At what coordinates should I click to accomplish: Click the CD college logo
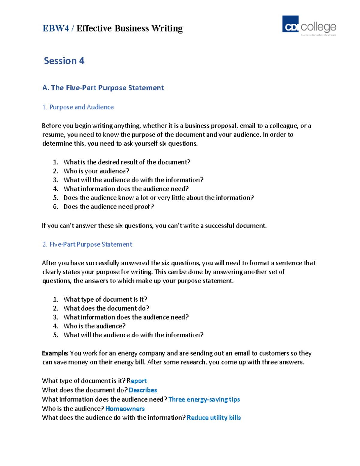[309, 25]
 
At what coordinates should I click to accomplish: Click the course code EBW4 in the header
[56, 28]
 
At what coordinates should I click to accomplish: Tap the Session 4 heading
[64, 61]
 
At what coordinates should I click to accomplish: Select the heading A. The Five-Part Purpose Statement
[103, 88]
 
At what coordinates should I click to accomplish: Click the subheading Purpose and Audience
[81, 107]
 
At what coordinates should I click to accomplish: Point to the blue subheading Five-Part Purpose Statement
[91, 245]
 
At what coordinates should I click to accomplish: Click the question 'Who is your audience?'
[96, 171]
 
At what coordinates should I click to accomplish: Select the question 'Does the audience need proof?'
[109, 207]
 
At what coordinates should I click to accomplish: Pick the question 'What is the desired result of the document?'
[127, 162]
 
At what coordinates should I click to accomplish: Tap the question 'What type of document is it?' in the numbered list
[105, 299]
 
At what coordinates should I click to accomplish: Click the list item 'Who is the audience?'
[94, 326]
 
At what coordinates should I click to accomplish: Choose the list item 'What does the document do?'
[106, 308]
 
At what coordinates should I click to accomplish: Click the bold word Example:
[55, 353]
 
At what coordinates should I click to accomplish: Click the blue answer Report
[137, 381]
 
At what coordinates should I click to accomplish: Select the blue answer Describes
[143, 390]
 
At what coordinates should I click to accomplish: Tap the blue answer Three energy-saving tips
[204, 399]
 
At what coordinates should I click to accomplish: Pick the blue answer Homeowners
[125, 409]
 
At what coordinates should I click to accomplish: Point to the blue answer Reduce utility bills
[214, 418]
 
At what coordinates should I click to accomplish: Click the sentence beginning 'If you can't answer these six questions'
[154, 226]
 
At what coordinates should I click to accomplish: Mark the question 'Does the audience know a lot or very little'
[158, 198]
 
